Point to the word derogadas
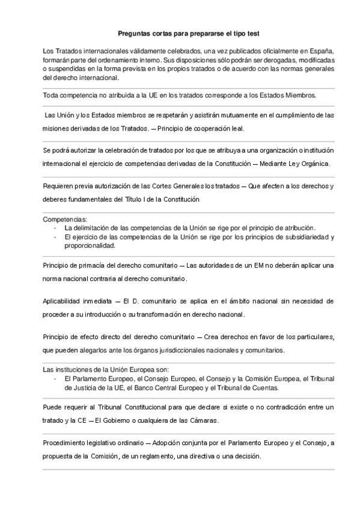click(269, 61)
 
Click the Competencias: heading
click(65, 220)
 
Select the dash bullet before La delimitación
click(55, 229)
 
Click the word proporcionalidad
click(93, 245)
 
